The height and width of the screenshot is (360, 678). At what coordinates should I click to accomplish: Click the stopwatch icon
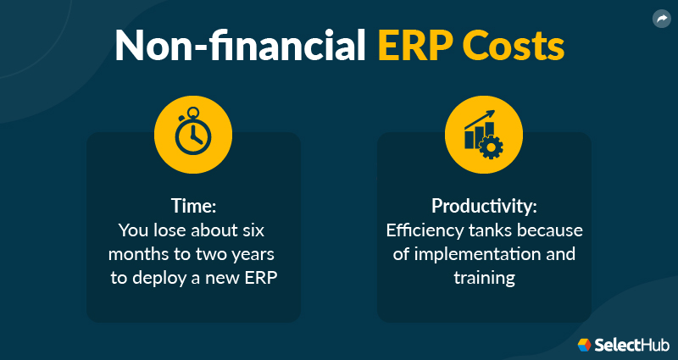(x=193, y=136)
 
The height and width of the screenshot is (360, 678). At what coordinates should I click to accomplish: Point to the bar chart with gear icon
(x=483, y=136)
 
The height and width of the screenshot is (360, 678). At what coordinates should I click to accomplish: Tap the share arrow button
(x=662, y=18)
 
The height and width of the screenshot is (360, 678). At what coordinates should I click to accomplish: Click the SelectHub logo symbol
(x=585, y=345)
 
